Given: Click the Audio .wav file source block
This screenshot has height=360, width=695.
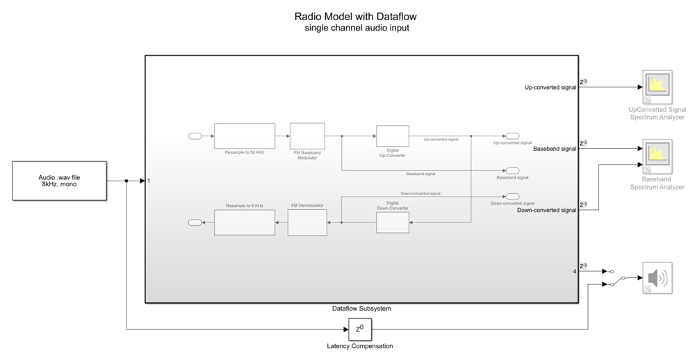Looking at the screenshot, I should point(60,181).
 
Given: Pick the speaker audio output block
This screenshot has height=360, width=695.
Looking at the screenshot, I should point(657,279).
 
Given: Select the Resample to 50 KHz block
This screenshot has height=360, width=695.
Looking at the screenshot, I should point(244,136).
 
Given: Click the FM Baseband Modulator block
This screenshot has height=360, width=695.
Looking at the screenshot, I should point(307,136).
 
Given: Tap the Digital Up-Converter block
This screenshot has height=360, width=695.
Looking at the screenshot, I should point(392,136).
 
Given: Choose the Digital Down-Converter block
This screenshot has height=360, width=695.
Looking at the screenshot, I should point(392,222).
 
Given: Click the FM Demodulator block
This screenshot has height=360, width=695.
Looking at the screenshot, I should point(307,222).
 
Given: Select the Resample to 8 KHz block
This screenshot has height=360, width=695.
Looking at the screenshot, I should point(244,222).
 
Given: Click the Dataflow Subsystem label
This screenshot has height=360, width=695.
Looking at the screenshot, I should point(360,308).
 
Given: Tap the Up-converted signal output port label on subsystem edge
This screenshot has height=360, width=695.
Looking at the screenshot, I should point(550,88).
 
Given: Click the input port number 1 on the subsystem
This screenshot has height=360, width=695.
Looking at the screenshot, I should point(149,181).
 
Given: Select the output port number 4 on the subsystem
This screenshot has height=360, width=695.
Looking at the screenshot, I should point(574,271).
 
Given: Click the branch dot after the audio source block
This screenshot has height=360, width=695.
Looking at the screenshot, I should point(126,181).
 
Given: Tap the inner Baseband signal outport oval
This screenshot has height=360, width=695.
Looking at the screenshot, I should point(512,170).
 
